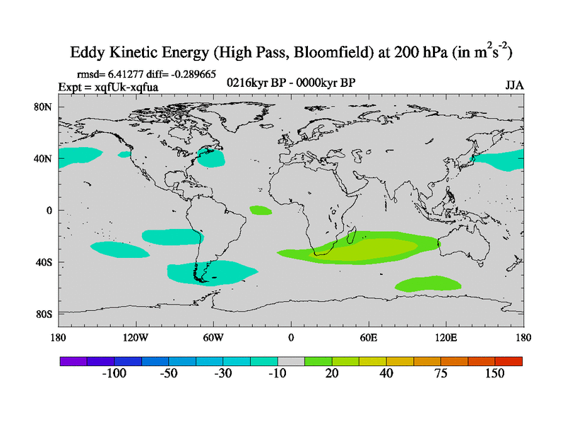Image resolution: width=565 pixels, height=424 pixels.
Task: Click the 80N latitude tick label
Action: [44, 107]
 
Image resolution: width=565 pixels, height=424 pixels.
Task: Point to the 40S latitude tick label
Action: [44, 262]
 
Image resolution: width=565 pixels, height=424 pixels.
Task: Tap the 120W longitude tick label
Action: [135, 337]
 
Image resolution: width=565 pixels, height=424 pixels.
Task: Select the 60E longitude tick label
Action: [369, 337]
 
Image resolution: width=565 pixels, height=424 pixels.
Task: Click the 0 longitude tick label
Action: [291, 337]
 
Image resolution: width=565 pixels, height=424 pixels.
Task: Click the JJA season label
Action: [514, 86]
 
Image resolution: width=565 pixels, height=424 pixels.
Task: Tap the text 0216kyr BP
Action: [252, 83]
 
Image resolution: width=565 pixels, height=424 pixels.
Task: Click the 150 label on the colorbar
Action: [494, 373]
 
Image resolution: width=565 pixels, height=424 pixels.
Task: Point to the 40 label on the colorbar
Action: [386, 373]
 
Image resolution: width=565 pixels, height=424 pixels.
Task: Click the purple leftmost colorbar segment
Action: [73, 361]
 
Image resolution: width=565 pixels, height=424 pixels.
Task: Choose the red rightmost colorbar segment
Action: [509, 361]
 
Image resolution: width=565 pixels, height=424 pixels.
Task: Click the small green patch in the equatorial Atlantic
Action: [261, 210]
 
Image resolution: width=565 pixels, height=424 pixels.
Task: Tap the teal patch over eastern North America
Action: [210, 158]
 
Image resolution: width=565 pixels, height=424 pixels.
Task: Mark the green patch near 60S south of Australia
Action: [428, 284]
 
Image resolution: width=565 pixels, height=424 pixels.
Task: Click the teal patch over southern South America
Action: [205, 272]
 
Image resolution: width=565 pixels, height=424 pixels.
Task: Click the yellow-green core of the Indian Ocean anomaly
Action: [374, 248]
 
